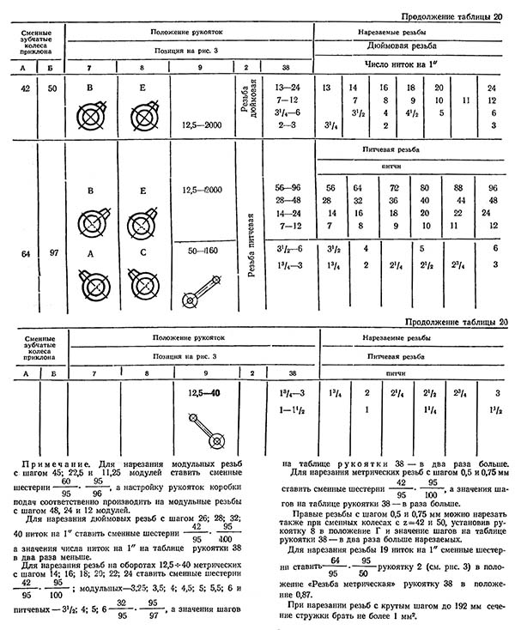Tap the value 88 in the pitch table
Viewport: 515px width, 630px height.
(457, 188)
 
